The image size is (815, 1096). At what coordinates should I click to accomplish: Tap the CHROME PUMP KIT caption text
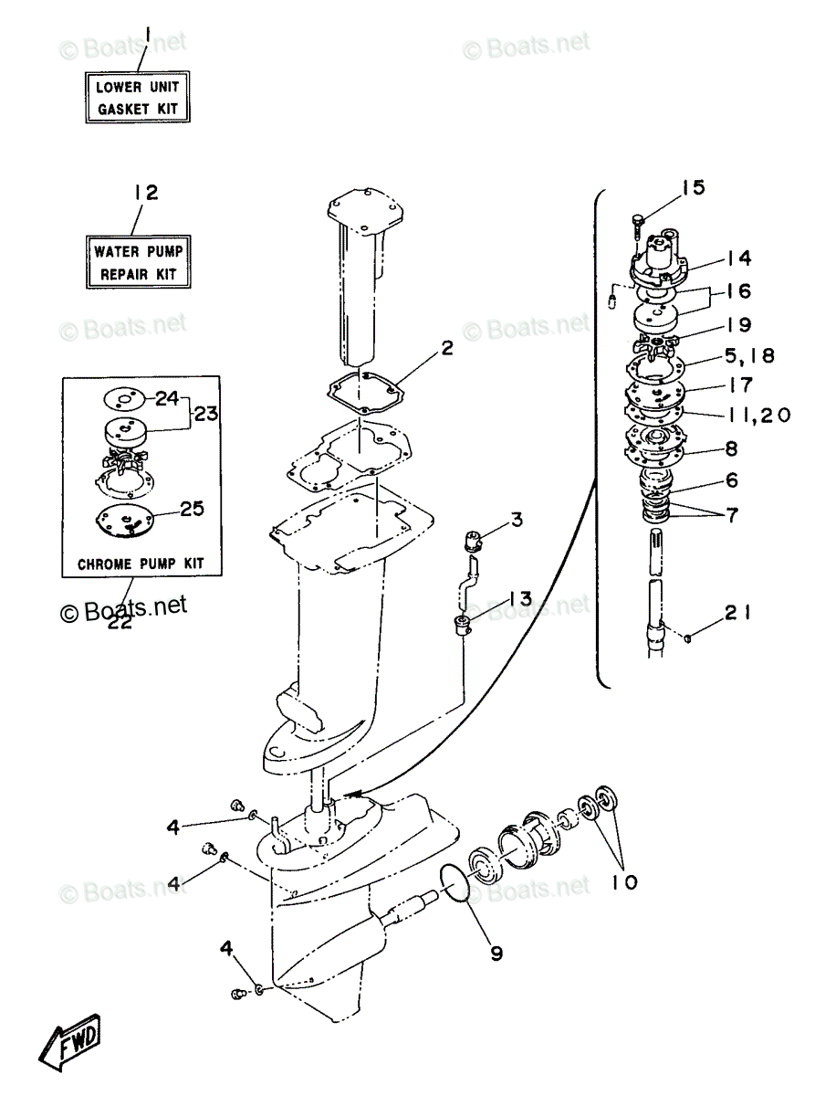(141, 564)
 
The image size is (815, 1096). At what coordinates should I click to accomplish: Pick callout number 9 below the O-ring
(496, 954)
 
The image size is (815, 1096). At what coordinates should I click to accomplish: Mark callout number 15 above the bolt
(693, 188)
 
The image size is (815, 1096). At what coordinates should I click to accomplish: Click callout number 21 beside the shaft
(738, 614)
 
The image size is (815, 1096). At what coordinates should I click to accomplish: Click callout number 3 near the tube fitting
(517, 521)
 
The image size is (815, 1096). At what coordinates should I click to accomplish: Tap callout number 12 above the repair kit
(144, 193)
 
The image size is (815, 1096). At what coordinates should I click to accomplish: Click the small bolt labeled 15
(637, 220)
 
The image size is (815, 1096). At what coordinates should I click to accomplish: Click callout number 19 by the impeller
(739, 324)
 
